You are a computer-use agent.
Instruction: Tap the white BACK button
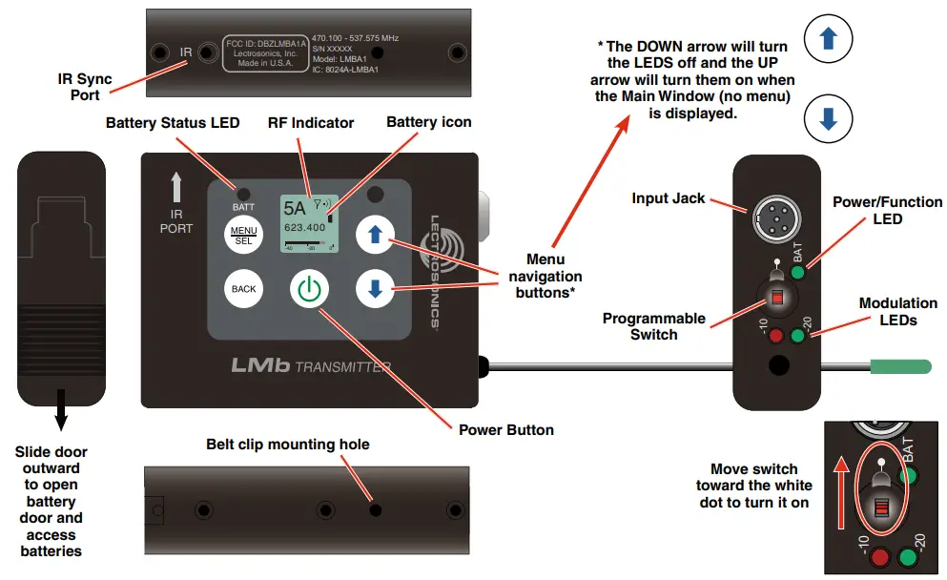coord(243,288)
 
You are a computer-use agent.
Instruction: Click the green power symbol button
coord(307,289)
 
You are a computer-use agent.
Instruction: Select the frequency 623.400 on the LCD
coord(305,228)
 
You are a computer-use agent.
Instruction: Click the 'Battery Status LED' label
coord(173,123)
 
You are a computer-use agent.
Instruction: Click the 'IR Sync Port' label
coord(85,87)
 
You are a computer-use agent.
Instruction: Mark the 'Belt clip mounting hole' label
coord(287,445)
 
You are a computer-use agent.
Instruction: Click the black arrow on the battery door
coord(60,408)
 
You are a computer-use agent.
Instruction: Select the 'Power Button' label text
coord(505,429)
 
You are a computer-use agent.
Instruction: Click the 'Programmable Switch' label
coord(654,326)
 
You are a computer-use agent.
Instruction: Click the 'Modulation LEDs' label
coord(898,311)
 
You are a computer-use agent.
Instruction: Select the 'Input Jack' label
coord(669,198)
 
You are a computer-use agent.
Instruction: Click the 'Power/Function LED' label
coord(887,210)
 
